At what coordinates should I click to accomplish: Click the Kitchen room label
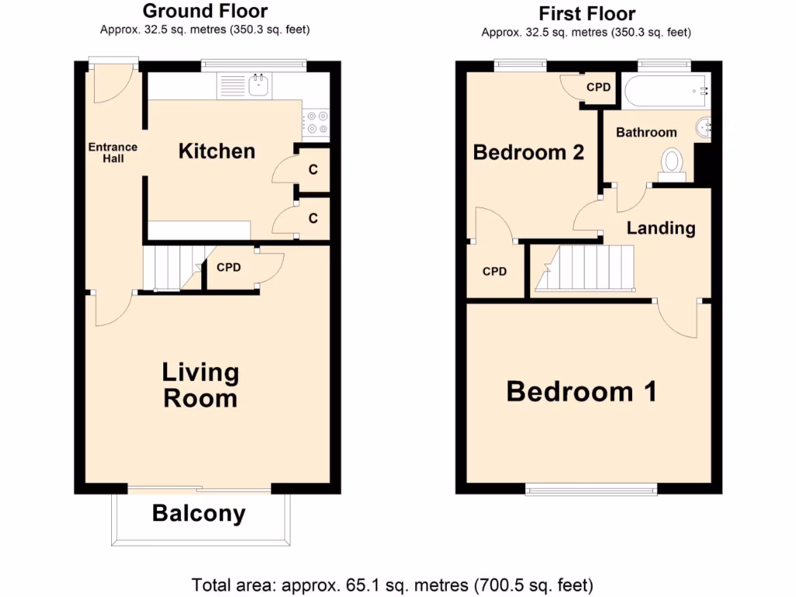click(217, 151)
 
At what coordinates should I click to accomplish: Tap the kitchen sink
click(259, 85)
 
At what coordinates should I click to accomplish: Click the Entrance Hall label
click(113, 152)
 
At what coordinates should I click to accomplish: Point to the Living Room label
click(200, 385)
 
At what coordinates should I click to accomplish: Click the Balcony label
click(199, 514)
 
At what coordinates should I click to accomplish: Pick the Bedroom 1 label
click(581, 391)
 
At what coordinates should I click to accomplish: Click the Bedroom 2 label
click(529, 152)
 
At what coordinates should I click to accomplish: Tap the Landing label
click(661, 228)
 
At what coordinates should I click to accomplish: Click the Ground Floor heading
click(205, 12)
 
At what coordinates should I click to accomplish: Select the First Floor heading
click(587, 13)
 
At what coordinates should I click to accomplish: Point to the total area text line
click(393, 584)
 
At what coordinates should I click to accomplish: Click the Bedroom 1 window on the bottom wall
click(592, 488)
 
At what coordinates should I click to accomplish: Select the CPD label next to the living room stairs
click(229, 267)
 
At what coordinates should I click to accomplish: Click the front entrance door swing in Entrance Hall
click(110, 86)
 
